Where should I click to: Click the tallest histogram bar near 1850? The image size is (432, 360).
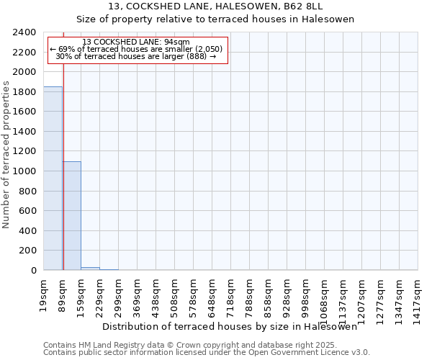point(53,179)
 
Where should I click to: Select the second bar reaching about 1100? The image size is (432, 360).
point(71,216)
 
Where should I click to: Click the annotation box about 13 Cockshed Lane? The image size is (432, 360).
point(137,49)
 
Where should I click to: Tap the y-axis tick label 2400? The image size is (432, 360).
point(24,32)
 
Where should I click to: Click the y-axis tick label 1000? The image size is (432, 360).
point(24,171)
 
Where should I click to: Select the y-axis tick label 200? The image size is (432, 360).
point(27,251)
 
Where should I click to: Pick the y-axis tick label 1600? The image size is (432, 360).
point(24,112)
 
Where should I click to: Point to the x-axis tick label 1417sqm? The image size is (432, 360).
point(418,294)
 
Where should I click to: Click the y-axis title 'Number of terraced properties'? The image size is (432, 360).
point(6,155)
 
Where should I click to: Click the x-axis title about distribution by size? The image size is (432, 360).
point(230,326)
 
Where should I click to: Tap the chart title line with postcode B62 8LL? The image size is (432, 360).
point(215,6)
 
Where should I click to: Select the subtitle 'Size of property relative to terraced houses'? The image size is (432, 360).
point(215,19)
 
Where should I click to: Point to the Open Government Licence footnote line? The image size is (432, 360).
point(206,353)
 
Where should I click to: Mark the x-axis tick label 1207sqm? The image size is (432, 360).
point(361,294)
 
